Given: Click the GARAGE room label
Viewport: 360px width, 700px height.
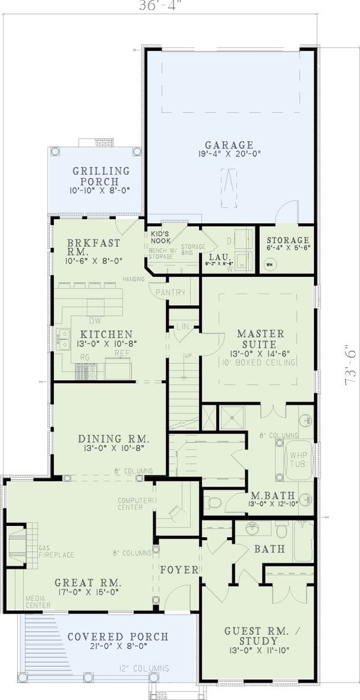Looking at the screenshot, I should (229, 145).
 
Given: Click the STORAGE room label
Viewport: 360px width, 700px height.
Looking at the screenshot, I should (288, 241).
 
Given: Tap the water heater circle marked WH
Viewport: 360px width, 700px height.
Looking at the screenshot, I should (269, 263).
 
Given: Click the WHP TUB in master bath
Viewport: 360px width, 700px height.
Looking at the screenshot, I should (298, 460).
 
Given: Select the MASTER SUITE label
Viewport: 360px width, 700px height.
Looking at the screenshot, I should (256, 339).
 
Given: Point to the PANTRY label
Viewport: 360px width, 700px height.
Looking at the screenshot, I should (170, 293).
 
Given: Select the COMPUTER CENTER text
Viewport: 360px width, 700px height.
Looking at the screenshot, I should (130, 503).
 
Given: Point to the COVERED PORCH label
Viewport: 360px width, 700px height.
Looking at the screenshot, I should (117, 637).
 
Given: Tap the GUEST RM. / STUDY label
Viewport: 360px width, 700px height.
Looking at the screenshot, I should (259, 636).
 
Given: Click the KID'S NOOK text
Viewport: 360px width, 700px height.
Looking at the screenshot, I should (160, 237).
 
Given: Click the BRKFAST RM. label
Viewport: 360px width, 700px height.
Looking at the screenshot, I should (93, 247).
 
